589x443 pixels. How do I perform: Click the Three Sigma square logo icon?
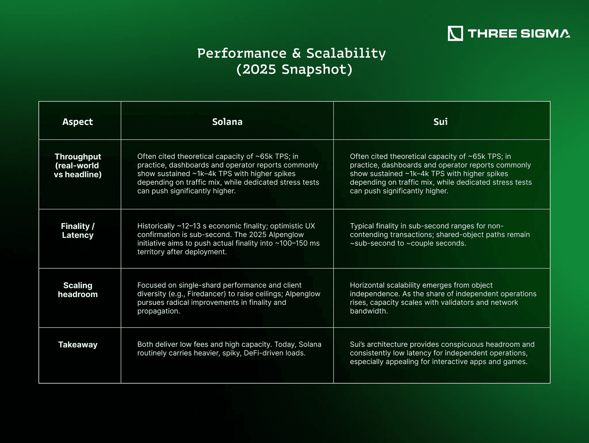[455, 33]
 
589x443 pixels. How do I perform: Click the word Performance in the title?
[242, 54]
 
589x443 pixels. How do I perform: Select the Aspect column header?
[78, 122]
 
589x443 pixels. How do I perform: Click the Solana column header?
[227, 122]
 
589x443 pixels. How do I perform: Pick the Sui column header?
[440, 122]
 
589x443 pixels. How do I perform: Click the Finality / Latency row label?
[78, 231]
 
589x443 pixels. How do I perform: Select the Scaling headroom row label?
[78, 290]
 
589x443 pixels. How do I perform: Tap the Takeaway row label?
[78, 345]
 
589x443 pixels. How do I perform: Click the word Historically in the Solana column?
[156, 226]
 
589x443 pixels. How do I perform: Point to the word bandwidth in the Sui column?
[369, 311]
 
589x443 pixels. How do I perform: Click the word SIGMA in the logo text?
[545, 33]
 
